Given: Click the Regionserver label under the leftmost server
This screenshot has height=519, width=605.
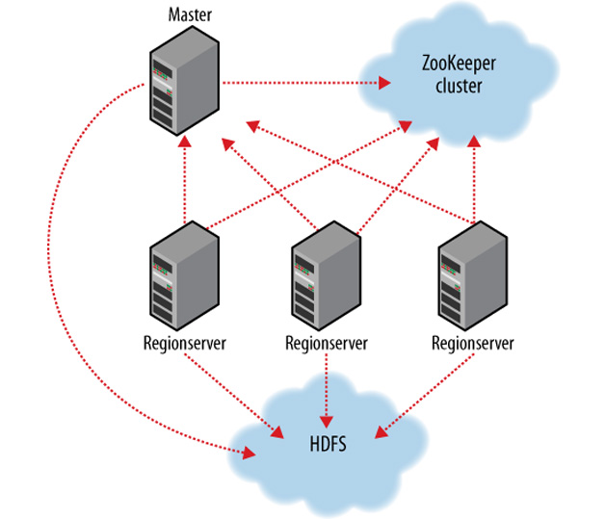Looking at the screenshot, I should (x=184, y=343).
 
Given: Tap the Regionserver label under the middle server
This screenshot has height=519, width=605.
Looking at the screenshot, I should (x=327, y=343).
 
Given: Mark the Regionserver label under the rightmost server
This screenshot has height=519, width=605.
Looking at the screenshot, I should (x=472, y=343).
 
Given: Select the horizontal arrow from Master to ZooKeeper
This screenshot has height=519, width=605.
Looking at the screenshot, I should (x=299, y=83).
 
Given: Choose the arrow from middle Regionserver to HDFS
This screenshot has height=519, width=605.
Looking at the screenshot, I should (x=328, y=385).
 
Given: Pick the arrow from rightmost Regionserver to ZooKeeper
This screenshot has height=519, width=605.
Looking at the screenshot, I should (x=473, y=178).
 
